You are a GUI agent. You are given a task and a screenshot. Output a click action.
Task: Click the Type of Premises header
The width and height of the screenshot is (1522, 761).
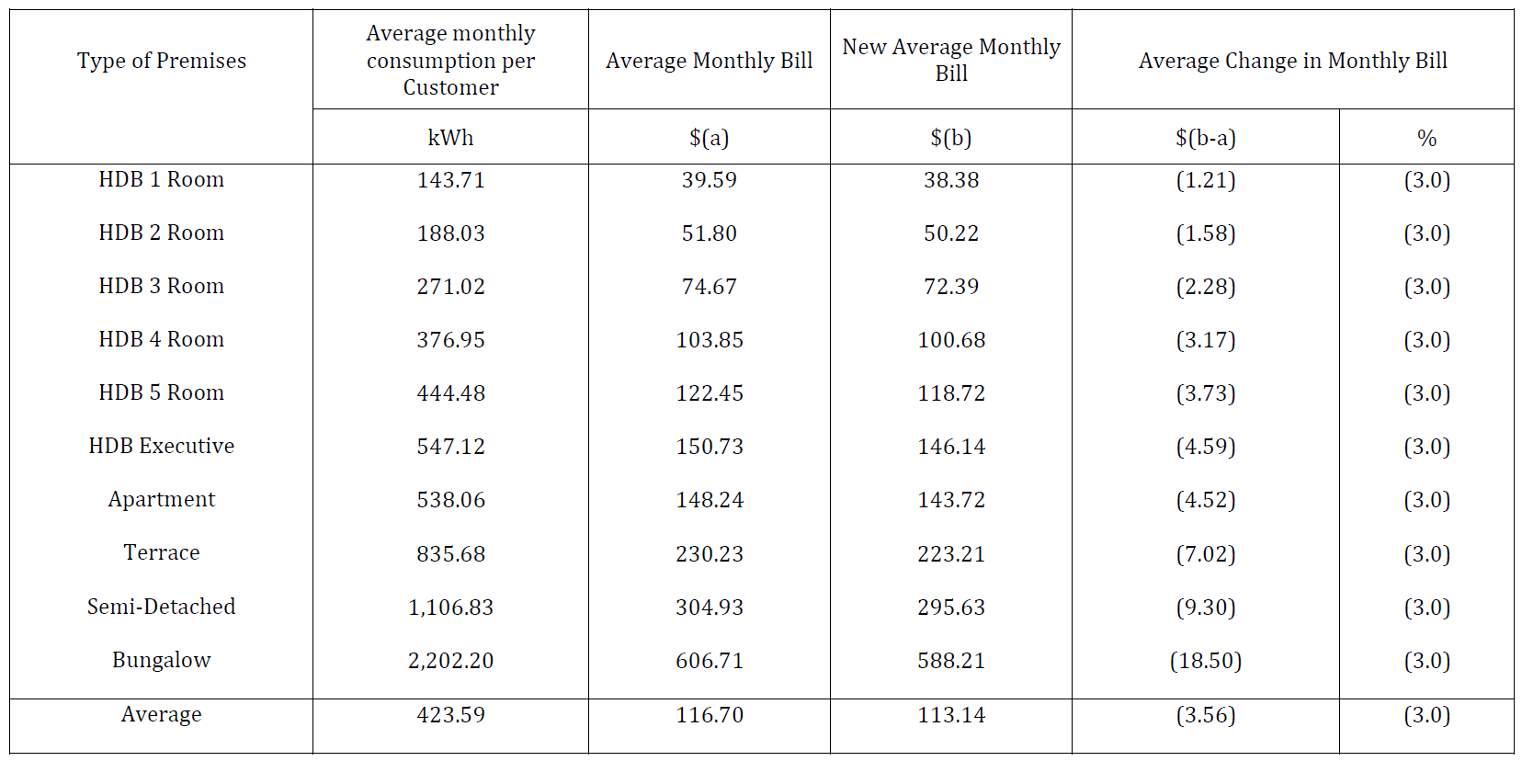(161, 61)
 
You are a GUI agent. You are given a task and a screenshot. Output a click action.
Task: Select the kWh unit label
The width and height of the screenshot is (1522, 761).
(450, 138)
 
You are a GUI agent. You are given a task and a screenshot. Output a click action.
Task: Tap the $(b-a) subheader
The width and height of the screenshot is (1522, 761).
(1205, 138)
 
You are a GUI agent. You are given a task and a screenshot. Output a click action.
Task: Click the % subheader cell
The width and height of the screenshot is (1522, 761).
(1426, 138)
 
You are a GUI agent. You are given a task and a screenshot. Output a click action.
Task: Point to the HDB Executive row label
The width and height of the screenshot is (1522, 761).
(161, 446)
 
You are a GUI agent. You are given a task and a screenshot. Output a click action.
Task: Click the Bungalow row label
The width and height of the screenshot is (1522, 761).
(161, 660)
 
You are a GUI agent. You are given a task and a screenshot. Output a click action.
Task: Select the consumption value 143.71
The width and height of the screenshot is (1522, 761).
(450, 180)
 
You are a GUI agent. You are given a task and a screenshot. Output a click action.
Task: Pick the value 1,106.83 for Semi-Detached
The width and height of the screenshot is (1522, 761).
(450, 608)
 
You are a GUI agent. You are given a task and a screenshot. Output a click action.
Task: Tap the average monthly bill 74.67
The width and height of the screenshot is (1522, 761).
(709, 287)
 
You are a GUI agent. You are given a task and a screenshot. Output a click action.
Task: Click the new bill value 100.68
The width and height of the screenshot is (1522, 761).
(951, 340)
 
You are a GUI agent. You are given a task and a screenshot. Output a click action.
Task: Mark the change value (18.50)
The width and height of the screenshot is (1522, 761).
(1205, 661)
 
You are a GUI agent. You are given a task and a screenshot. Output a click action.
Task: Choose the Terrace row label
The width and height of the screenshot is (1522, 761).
(161, 552)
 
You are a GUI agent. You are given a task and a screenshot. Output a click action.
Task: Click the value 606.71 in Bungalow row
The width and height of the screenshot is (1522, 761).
(709, 661)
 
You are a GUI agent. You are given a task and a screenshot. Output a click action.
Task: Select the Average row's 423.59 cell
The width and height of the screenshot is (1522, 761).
(450, 715)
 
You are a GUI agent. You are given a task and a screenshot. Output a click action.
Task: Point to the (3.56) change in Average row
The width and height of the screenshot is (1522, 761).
(1205, 715)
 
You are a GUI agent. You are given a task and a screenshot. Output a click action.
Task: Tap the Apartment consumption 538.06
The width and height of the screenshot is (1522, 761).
(450, 500)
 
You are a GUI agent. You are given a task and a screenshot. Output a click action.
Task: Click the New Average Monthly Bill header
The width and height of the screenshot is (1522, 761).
(951, 60)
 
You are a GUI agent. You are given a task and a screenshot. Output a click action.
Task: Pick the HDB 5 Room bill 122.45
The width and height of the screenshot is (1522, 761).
(709, 393)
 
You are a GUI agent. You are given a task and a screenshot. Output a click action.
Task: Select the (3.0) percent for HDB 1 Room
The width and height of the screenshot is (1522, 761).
(1426, 180)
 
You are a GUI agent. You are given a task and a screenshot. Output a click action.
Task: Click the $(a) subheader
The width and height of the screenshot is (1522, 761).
(709, 138)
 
